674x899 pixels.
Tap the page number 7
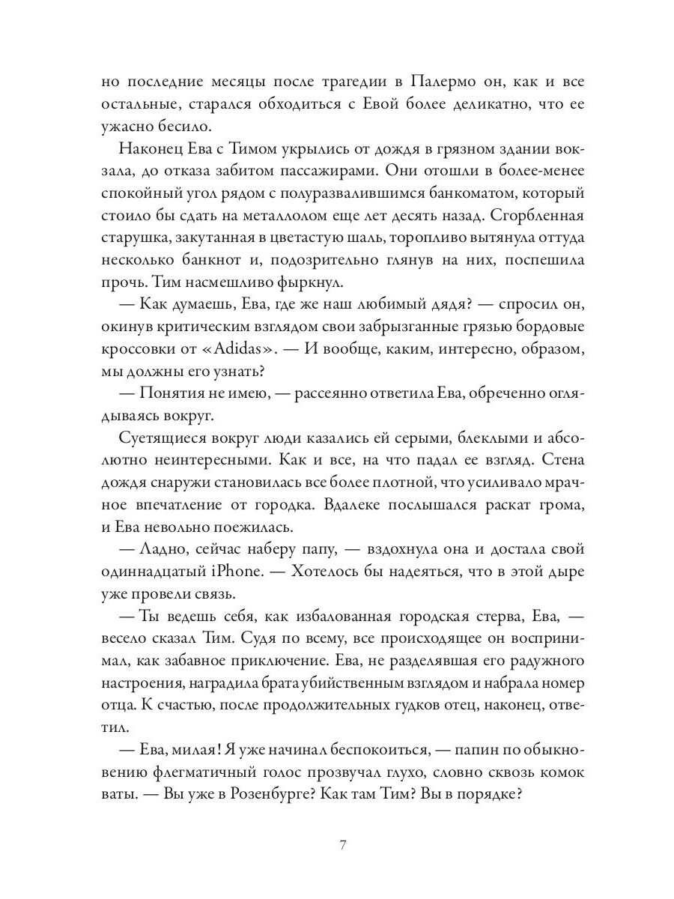(x=341, y=845)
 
